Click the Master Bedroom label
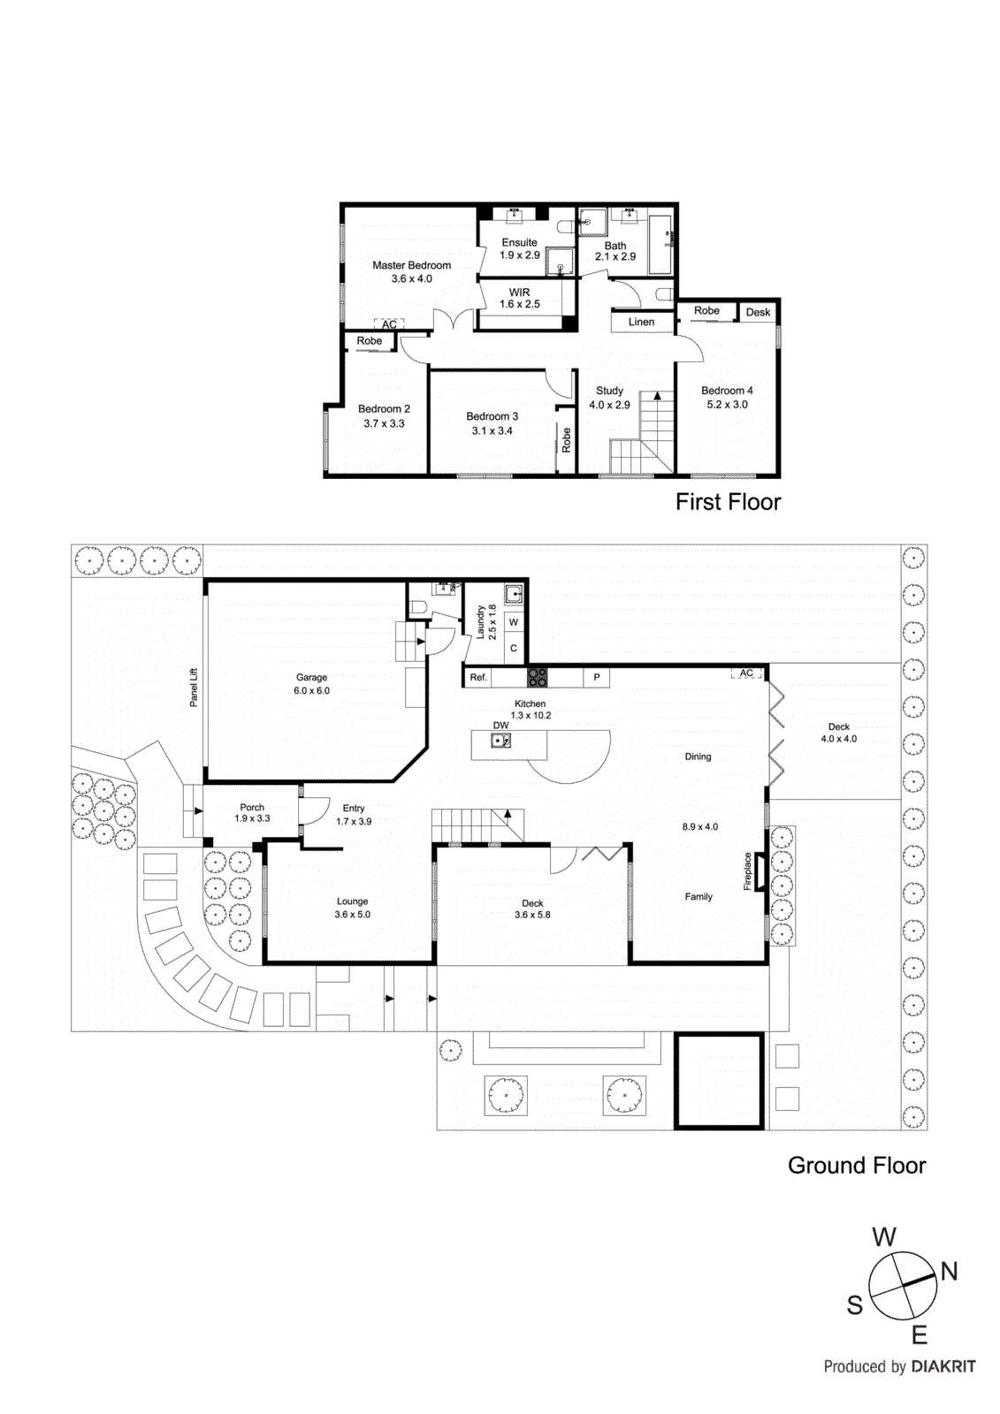point(411,265)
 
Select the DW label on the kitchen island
point(500,726)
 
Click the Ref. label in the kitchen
point(478,678)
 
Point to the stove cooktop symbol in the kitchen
point(538,678)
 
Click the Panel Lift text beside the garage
point(194,687)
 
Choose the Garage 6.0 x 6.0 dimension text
point(311,691)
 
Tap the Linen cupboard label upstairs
point(641,323)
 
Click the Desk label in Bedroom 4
point(758,312)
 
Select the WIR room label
point(519,293)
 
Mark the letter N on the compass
point(949,1272)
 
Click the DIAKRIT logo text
point(943,1366)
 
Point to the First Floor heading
point(728,502)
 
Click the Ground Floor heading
point(856,1166)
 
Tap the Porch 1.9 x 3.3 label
point(252,813)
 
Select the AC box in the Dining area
point(746,673)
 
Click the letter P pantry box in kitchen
point(597,678)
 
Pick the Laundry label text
point(481,622)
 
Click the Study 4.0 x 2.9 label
point(609,398)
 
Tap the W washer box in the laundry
point(514,623)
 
